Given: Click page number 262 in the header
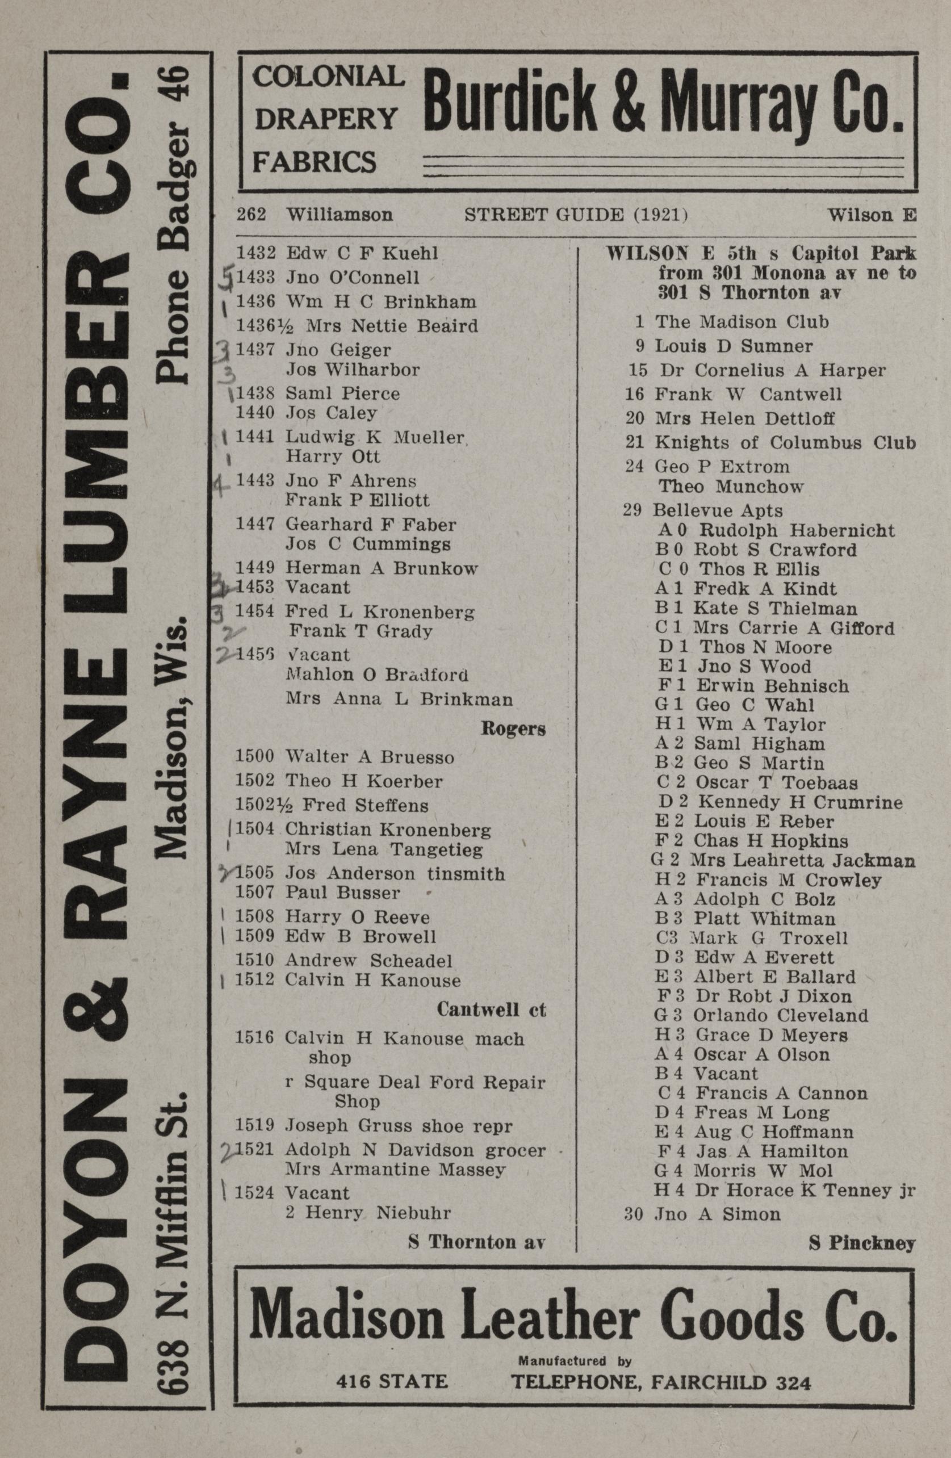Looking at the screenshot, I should pyautogui.click(x=251, y=215).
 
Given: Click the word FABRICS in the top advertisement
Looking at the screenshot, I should pyautogui.click(x=315, y=162).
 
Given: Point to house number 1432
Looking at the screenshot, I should pyautogui.click(x=255, y=253).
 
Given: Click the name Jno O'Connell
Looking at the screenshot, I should pyautogui.click(x=353, y=278).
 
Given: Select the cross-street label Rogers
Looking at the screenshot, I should pyautogui.click(x=513, y=728).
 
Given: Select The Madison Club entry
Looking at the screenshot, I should pyautogui.click(x=741, y=321).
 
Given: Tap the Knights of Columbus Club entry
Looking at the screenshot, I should pyautogui.click(x=785, y=442).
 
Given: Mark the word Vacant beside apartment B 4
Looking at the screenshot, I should pyautogui.click(x=726, y=1073).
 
